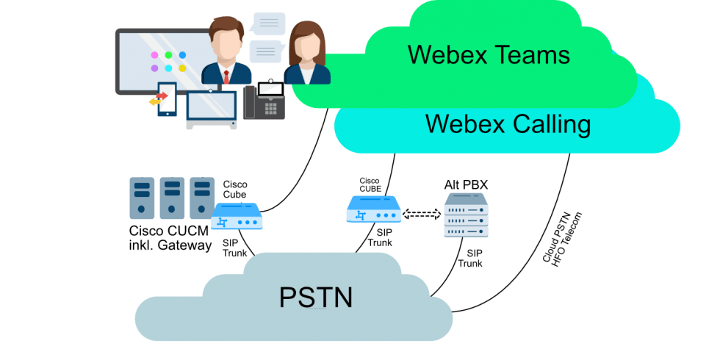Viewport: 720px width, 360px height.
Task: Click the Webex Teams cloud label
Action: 489,54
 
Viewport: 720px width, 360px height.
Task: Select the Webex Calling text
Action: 508,123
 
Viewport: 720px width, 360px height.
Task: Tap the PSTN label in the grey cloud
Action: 316,297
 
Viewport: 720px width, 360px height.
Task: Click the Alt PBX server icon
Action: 466,215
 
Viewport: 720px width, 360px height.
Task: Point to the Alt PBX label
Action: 466,184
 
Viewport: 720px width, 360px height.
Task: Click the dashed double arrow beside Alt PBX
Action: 422,215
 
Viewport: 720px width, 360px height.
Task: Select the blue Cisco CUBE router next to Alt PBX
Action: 373,212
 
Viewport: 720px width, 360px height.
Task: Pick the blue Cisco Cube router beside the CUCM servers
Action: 237,217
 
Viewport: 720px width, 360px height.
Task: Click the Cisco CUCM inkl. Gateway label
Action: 170,237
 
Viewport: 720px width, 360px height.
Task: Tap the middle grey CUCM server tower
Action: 172,197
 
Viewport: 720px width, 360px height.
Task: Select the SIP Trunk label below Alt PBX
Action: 470,257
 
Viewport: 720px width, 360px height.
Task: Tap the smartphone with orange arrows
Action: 167,99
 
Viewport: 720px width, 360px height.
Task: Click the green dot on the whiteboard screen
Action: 168,55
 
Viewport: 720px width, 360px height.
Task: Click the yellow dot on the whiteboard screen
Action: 182,68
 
